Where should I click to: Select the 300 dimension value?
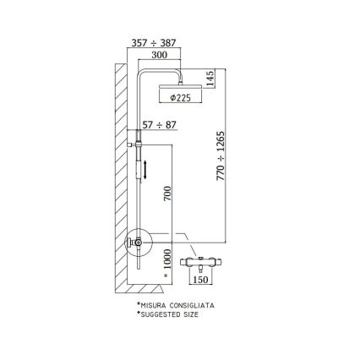click(x=158, y=53)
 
